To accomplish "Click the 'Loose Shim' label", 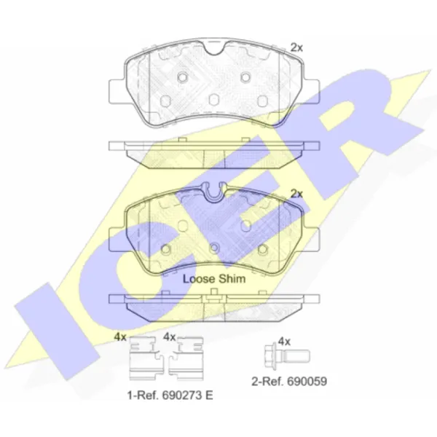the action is [214, 279].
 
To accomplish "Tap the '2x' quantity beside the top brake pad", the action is [296, 47].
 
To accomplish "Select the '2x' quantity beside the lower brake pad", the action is [296, 194].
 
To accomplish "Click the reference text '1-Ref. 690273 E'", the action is [170, 395].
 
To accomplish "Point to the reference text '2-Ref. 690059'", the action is [289, 381].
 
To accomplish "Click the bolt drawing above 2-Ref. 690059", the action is [287, 356].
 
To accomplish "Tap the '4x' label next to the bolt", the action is [285, 342].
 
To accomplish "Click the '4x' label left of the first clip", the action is [120, 337].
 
